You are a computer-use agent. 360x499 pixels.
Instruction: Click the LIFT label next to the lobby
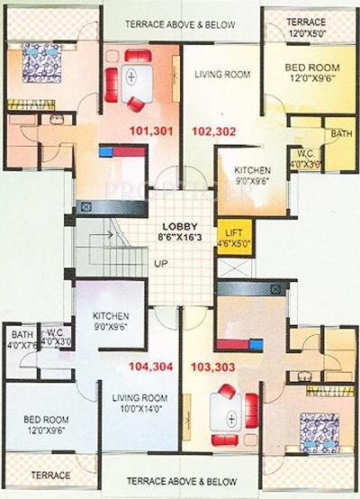(x=234, y=231)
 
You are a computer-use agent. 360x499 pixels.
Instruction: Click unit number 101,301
(x=151, y=130)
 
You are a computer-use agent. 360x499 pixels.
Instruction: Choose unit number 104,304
(x=150, y=367)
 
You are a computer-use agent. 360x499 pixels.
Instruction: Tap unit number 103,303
(x=212, y=367)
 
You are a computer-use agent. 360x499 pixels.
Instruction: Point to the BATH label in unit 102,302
(x=340, y=134)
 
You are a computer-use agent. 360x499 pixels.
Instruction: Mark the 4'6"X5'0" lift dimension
(x=234, y=242)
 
